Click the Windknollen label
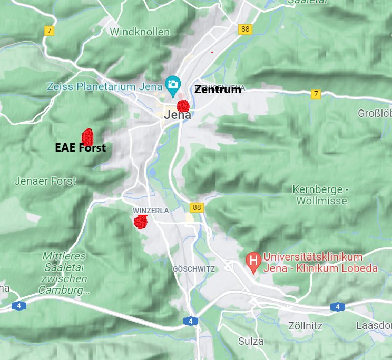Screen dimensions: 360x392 pyautogui.click(x=140, y=32)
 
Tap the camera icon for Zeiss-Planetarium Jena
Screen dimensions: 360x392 pyautogui.click(x=172, y=83)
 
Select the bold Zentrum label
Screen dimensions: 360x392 pyautogui.click(x=218, y=89)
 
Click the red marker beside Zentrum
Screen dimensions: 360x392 pyautogui.click(x=183, y=106)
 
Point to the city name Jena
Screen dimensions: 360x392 pyautogui.click(x=178, y=115)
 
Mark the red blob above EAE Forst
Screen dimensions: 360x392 pyautogui.click(x=87, y=137)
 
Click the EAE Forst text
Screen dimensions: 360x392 pyautogui.click(x=80, y=148)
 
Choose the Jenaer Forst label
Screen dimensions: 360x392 pyautogui.click(x=45, y=181)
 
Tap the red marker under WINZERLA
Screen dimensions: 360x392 pyautogui.click(x=140, y=222)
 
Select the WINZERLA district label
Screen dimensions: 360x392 pyautogui.click(x=151, y=211)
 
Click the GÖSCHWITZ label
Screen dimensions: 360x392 pyautogui.click(x=194, y=269)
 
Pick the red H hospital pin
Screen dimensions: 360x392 pyautogui.click(x=253, y=261)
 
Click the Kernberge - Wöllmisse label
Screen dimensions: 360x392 pyautogui.click(x=321, y=195)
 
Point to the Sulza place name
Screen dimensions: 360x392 pyautogui.click(x=251, y=341)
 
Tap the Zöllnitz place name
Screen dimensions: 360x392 pyautogui.click(x=305, y=326)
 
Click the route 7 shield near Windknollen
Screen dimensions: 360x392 pyautogui.click(x=49, y=31)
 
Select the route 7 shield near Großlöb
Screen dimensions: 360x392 pyautogui.click(x=316, y=94)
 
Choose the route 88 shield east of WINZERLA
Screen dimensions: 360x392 pyautogui.click(x=197, y=208)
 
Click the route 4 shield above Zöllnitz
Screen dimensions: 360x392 pyautogui.click(x=337, y=306)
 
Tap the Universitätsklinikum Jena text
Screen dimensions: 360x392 pyautogui.click(x=320, y=263)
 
